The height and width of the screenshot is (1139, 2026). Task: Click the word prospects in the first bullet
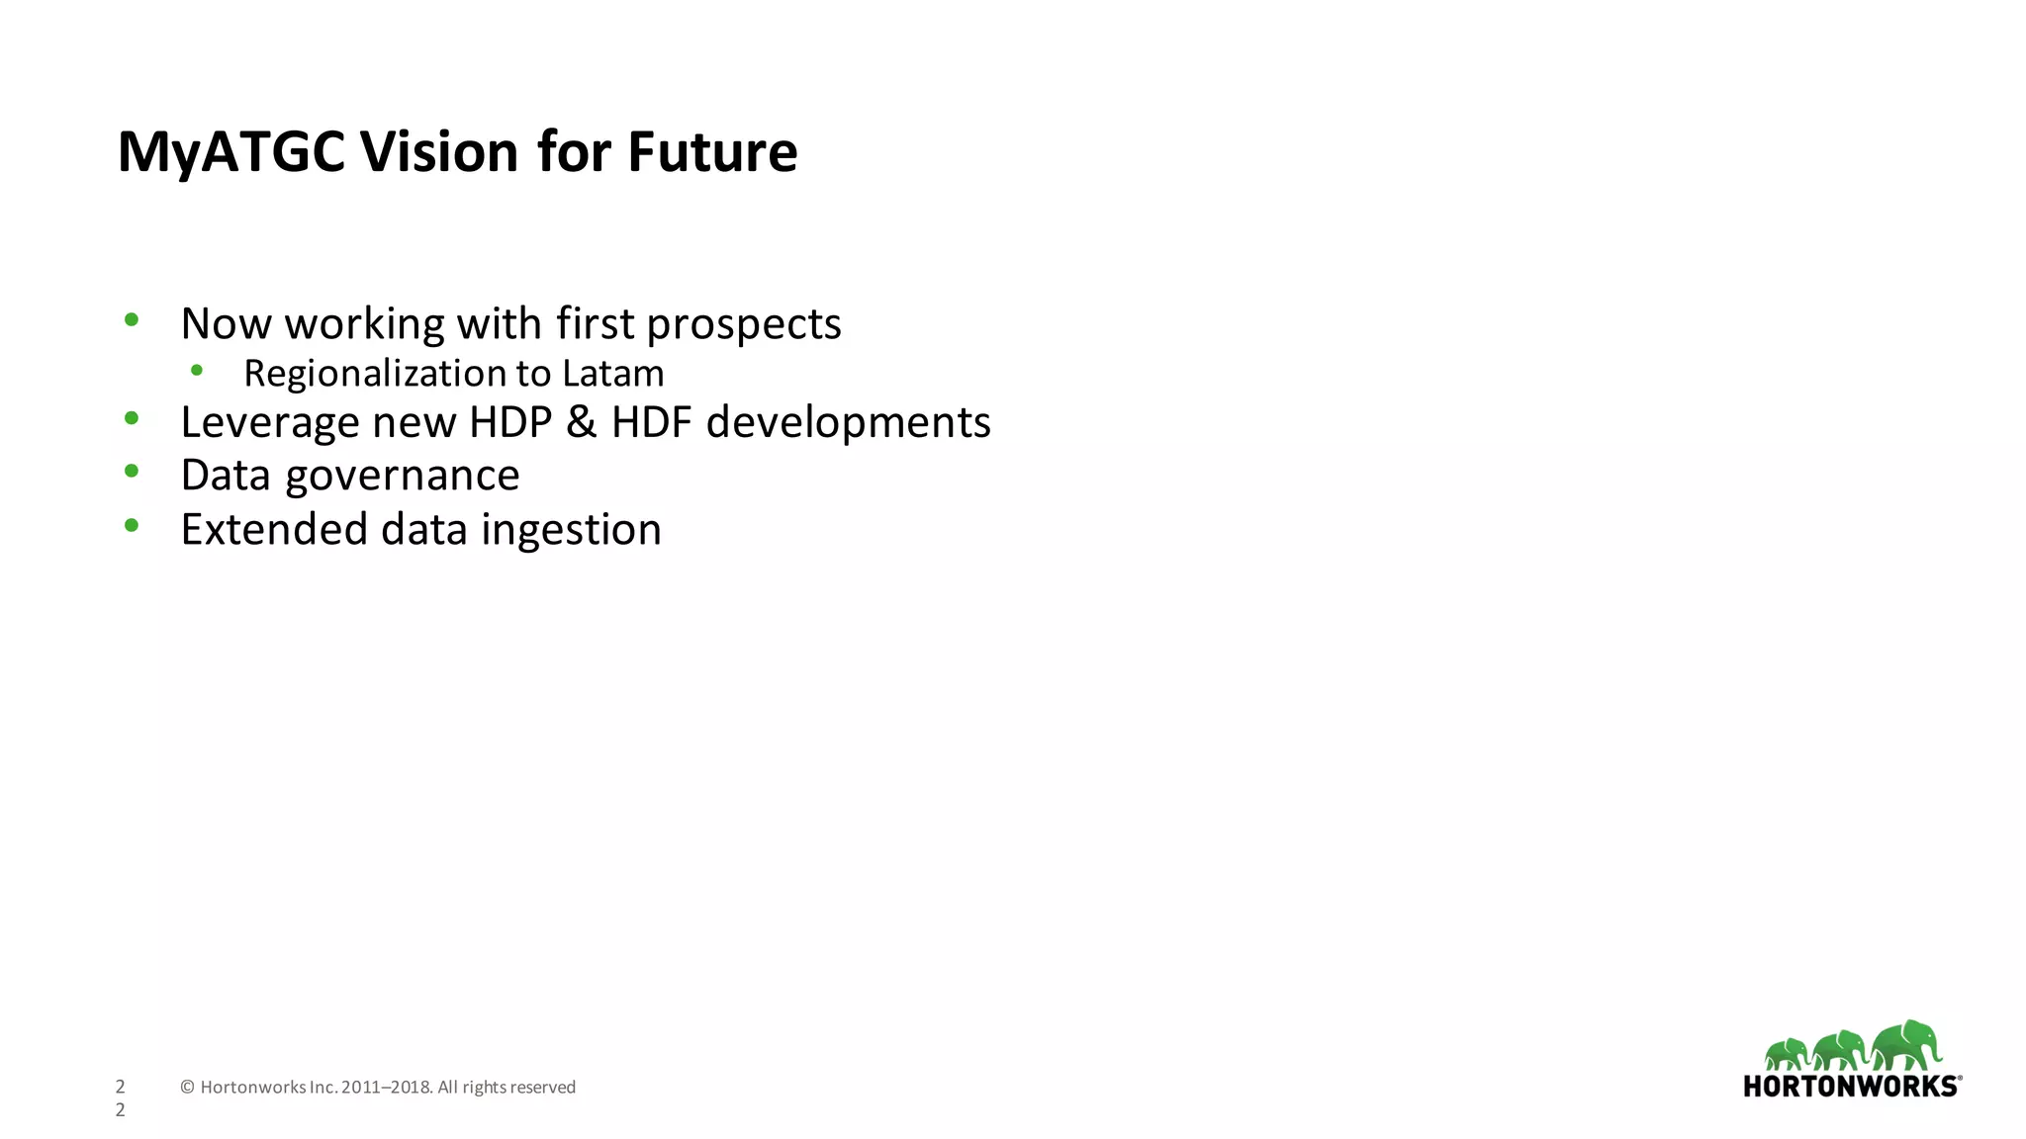pos(743,324)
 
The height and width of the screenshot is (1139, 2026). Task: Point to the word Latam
pos(612,374)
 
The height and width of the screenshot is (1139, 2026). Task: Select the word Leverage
pos(269,423)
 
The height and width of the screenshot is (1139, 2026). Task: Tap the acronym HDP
pos(509,422)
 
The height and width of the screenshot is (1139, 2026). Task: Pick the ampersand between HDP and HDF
pos(581,422)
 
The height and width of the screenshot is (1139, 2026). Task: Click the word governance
pos(402,477)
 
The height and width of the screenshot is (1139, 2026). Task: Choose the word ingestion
pos(571,530)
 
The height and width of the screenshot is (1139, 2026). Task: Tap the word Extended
pos(274,530)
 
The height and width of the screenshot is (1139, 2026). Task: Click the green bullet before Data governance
pos(132,472)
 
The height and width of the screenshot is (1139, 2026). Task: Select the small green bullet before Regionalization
pos(197,371)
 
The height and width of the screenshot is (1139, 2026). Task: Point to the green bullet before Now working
pos(132,319)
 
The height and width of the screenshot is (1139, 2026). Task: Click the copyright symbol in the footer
pos(187,1088)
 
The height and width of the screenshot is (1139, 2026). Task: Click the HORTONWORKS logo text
pos(1850,1087)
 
